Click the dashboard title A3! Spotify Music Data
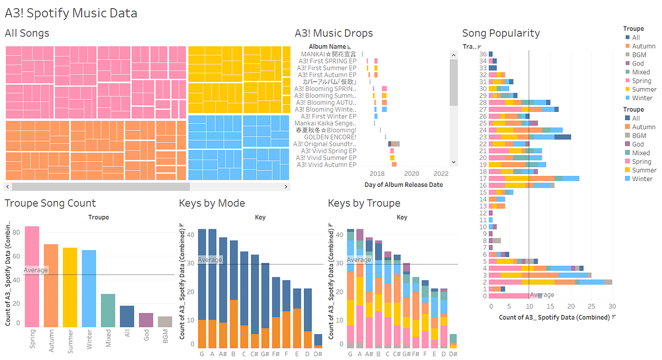71,13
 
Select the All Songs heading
27,34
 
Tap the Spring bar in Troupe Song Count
32,276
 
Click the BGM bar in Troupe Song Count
165,321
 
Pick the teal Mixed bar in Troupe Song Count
108,310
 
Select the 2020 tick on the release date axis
411,173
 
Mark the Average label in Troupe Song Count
35,270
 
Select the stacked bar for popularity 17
533,178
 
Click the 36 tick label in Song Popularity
483,54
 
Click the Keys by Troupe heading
364,203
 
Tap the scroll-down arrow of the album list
454,162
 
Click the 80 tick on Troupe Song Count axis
17,233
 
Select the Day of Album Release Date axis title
404,185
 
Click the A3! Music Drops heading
334,34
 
